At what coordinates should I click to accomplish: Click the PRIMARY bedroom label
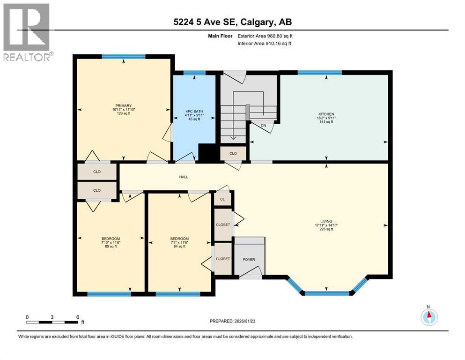(124, 105)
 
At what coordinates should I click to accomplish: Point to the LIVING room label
(326, 221)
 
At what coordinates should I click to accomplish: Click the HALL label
(184, 177)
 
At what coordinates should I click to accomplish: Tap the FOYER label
(248, 258)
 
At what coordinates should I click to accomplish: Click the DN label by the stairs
(264, 125)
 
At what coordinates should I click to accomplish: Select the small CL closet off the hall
(223, 199)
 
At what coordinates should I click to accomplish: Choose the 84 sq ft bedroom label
(179, 239)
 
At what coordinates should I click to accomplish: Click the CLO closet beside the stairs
(233, 153)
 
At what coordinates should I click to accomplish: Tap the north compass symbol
(428, 317)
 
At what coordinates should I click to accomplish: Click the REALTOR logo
(27, 32)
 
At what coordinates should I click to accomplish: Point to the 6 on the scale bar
(78, 317)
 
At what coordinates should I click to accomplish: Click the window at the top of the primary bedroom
(124, 57)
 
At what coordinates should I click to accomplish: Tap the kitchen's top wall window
(319, 73)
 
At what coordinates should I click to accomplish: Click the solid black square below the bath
(207, 152)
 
